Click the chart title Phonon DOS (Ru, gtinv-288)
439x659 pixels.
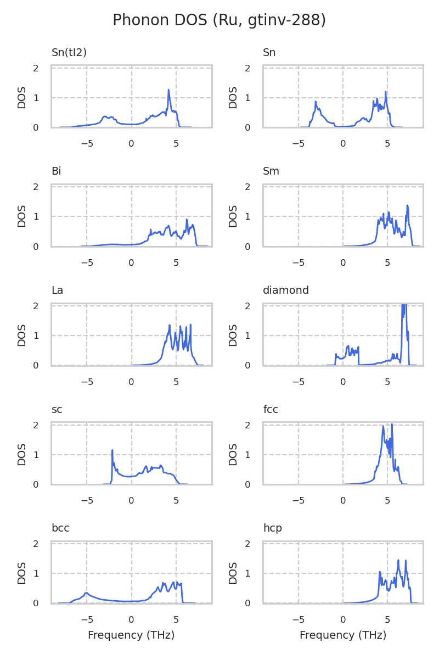219,20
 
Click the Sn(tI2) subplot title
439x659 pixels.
69,53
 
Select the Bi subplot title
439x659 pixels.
56,171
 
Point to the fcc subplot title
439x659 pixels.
271,409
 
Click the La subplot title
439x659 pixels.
57,291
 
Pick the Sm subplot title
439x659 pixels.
271,171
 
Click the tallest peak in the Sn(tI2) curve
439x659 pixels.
168,90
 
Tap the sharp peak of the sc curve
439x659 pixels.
112,450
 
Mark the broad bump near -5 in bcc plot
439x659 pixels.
86,593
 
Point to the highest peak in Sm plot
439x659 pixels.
407,205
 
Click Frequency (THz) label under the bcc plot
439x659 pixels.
131,635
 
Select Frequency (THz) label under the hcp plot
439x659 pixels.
343,635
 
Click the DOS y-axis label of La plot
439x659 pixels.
22,335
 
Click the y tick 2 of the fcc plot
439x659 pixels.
247,425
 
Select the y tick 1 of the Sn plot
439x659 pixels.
247,98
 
